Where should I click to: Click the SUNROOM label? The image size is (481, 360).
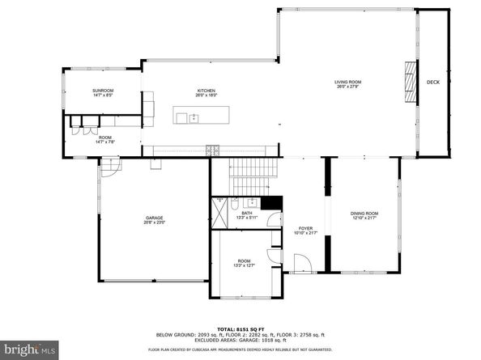[102, 90]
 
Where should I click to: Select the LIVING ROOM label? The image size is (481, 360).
[348, 82]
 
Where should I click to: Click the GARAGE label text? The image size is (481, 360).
[155, 218]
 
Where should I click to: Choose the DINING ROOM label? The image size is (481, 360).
[364, 213]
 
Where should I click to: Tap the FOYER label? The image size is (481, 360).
[305, 228]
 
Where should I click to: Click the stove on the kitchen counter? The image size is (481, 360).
[213, 150]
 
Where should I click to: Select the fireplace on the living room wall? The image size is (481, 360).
[409, 83]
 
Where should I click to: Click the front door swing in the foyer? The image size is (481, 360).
[301, 264]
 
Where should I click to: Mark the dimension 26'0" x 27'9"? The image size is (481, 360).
[348, 87]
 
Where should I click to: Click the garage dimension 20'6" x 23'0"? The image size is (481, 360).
[155, 222]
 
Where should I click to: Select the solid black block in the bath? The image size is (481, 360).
[275, 203]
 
